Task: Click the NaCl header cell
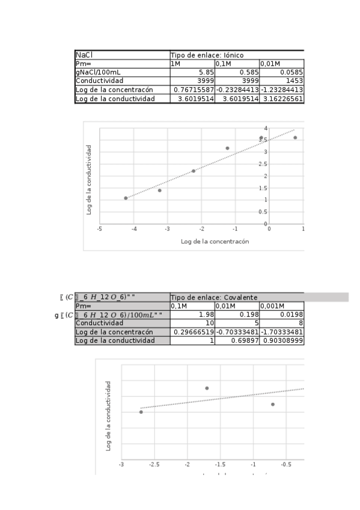click(x=84, y=55)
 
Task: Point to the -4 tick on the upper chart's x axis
click(x=134, y=229)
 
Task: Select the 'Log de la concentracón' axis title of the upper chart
click(x=215, y=241)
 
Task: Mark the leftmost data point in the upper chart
click(x=126, y=198)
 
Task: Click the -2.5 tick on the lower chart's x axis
click(x=154, y=464)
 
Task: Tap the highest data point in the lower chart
click(x=207, y=388)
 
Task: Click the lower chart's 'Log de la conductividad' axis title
click(x=108, y=416)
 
